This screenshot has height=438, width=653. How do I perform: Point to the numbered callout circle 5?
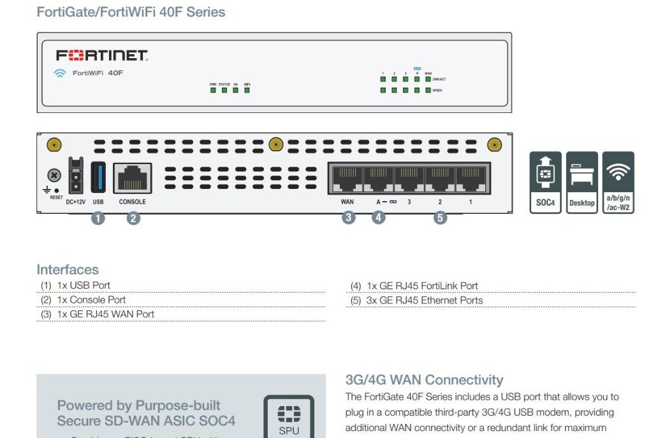440,218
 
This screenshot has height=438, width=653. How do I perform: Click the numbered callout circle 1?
98,218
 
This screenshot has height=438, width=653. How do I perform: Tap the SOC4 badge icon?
545,181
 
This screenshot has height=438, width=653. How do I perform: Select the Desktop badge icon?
582,181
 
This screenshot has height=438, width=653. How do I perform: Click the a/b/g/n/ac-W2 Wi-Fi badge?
618,181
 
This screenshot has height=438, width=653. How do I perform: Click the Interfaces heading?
68,270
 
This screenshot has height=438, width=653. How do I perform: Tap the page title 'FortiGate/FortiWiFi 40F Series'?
131,11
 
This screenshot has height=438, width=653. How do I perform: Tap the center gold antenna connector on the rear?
275,144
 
